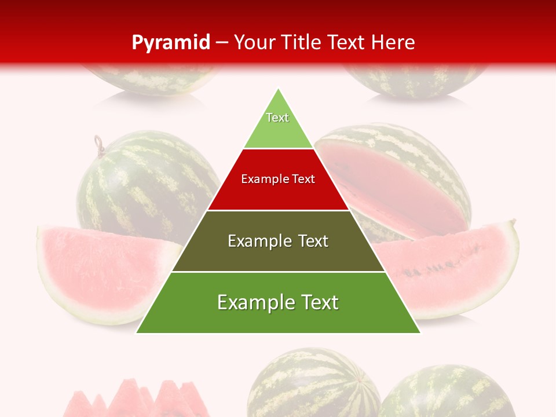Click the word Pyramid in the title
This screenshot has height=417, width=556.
click(170, 43)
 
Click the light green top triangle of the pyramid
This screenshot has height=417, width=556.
click(278, 125)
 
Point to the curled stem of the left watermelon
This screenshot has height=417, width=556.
click(99, 144)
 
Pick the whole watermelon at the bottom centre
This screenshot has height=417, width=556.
click(313, 385)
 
